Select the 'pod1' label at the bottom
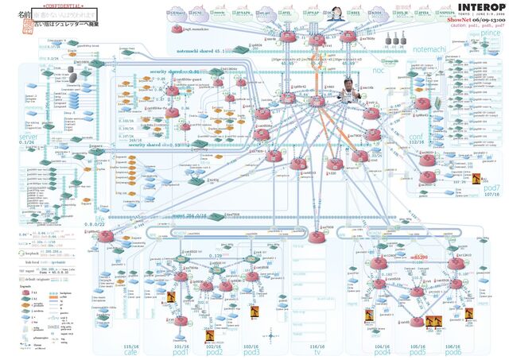[x=182, y=352]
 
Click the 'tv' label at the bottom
[x=317, y=352]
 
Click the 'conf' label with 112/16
[x=415, y=136]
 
